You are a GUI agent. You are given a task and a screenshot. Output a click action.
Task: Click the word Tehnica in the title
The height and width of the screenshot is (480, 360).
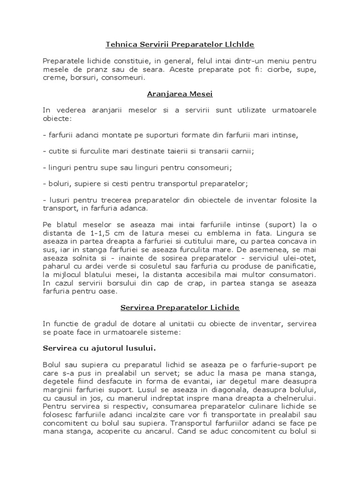click(x=120, y=45)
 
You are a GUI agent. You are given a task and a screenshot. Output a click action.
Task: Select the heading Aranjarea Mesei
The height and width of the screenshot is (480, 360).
click(x=180, y=94)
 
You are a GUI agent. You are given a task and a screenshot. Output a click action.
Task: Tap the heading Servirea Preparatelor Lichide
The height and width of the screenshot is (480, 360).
click(x=180, y=307)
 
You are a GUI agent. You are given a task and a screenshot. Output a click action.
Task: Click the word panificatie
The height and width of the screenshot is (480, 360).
click(x=297, y=266)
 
